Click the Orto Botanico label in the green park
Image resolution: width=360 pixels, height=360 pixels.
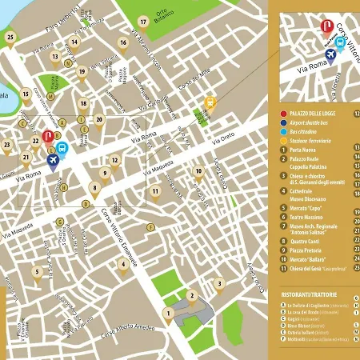click(x=162, y=15)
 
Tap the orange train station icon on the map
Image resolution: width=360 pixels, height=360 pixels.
click(x=210, y=102)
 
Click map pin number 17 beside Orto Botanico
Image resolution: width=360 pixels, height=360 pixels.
click(x=143, y=22)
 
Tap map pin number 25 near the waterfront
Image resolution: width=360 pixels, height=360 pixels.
click(x=10, y=37)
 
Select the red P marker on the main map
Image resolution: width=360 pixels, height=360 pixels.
click(x=47, y=137)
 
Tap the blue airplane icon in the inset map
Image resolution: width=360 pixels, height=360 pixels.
click(x=330, y=53)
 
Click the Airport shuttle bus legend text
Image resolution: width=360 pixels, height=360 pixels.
click(x=314, y=125)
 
